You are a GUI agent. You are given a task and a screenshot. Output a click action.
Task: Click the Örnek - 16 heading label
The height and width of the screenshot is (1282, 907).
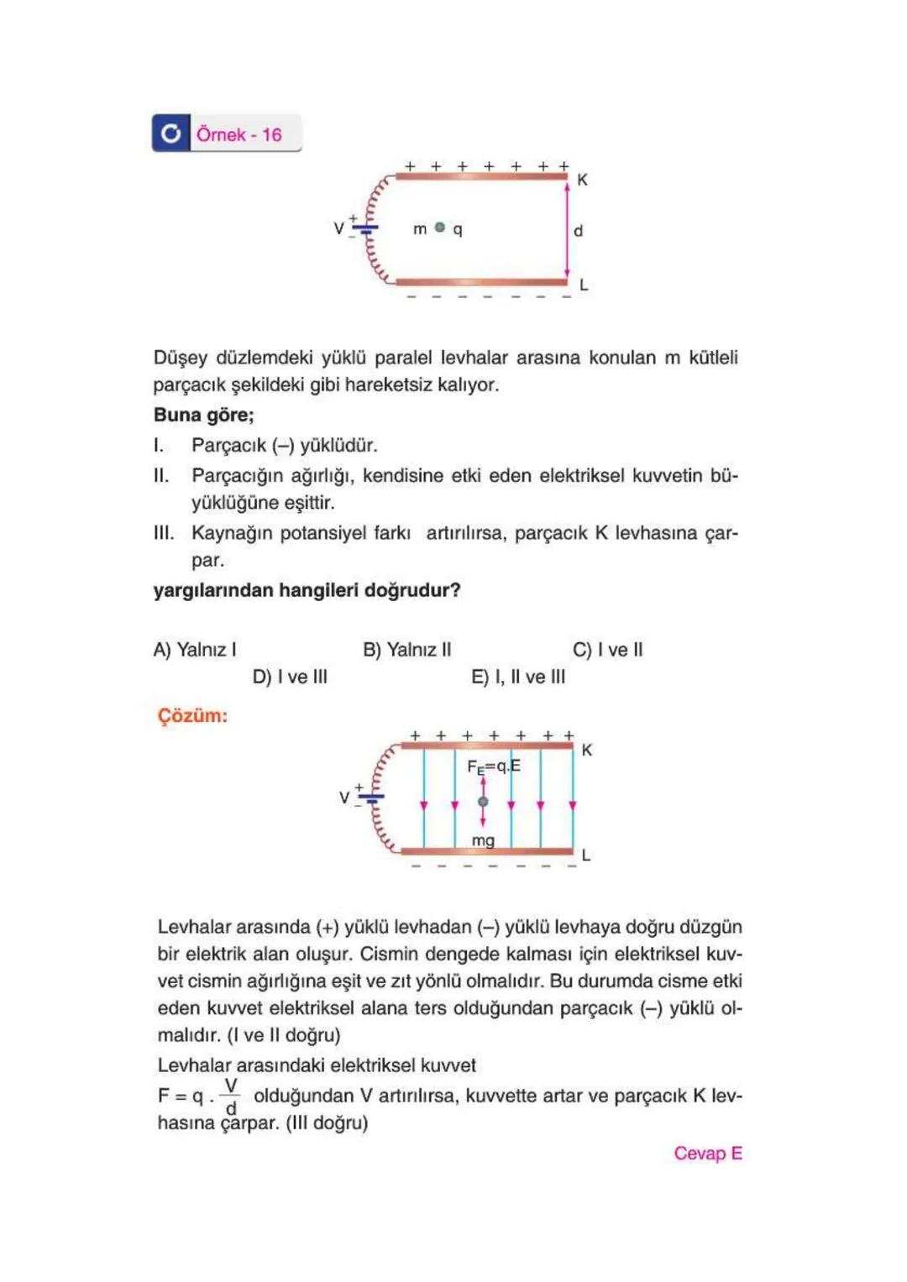[239, 134]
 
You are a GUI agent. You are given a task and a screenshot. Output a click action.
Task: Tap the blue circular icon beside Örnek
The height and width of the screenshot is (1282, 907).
[170, 133]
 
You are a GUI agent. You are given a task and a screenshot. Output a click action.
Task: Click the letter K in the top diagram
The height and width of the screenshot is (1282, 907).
[582, 180]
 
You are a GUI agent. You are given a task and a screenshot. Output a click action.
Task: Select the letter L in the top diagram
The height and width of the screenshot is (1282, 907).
[584, 285]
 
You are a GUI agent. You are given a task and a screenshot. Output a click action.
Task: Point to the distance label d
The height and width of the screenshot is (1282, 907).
[578, 231]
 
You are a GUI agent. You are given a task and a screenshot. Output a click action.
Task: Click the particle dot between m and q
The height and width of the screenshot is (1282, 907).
[439, 228]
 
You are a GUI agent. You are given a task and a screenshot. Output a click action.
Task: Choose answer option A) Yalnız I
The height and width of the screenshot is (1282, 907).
[195, 650]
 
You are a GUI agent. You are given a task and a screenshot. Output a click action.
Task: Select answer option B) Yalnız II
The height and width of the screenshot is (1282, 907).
[406, 650]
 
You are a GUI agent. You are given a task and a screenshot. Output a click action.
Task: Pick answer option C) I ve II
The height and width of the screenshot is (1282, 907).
[607, 650]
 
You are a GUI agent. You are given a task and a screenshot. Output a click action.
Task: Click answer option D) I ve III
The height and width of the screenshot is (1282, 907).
[290, 677]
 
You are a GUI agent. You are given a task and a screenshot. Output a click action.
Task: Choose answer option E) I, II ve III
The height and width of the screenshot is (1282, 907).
[518, 677]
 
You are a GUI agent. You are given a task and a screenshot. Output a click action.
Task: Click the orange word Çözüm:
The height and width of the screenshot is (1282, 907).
[192, 716]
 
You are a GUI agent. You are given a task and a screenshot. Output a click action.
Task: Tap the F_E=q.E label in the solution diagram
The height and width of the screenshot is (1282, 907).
[493, 767]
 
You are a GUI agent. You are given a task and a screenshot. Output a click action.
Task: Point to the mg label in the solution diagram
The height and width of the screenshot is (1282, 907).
[483, 840]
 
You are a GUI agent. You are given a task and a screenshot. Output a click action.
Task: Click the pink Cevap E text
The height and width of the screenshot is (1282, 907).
[707, 1154]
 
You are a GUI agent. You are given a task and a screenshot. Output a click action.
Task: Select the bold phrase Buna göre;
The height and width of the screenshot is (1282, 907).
[203, 415]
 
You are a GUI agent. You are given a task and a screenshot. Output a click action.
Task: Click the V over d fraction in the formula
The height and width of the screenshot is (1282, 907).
[231, 1097]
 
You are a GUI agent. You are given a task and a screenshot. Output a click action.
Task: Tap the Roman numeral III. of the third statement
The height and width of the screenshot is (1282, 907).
[164, 533]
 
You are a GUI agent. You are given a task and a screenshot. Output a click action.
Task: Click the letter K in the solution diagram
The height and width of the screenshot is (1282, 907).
[586, 750]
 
